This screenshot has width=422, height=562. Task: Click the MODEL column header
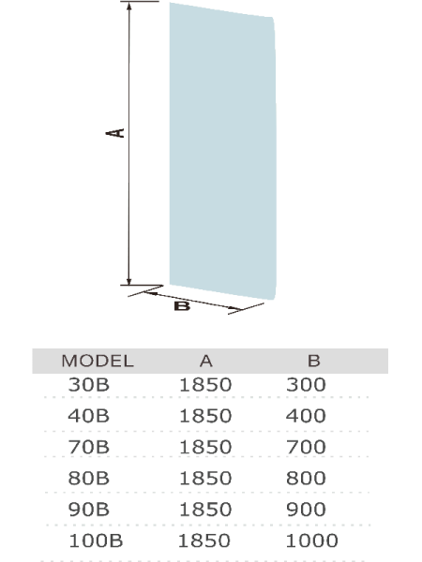tap(98, 361)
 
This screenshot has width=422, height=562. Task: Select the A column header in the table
tap(206, 361)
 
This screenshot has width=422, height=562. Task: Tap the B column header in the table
tap(314, 361)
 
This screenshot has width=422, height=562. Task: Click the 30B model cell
tap(89, 385)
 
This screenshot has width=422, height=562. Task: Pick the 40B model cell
tap(89, 416)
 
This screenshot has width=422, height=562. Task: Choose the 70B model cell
tap(89, 447)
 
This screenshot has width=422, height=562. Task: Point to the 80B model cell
tap(89, 478)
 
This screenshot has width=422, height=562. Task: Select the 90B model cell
tap(89, 510)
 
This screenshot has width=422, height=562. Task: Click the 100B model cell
tap(96, 540)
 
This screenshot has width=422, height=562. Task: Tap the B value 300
tap(306, 385)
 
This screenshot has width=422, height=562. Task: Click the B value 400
tap(306, 416)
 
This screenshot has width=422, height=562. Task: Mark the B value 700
tap(306, 447)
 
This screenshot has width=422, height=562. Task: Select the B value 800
tap(306, 478)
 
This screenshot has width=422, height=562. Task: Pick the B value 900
tap(306, 510)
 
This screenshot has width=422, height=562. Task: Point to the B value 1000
tap(312, 540)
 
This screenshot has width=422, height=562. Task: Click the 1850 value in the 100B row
tap(204, 540)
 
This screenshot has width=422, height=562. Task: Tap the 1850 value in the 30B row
tap(205, 385)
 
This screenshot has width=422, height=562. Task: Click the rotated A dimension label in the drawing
tap(114, 133)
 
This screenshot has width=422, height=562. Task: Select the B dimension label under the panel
tap(182, 306)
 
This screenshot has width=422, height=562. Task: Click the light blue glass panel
tap(222, 151)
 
